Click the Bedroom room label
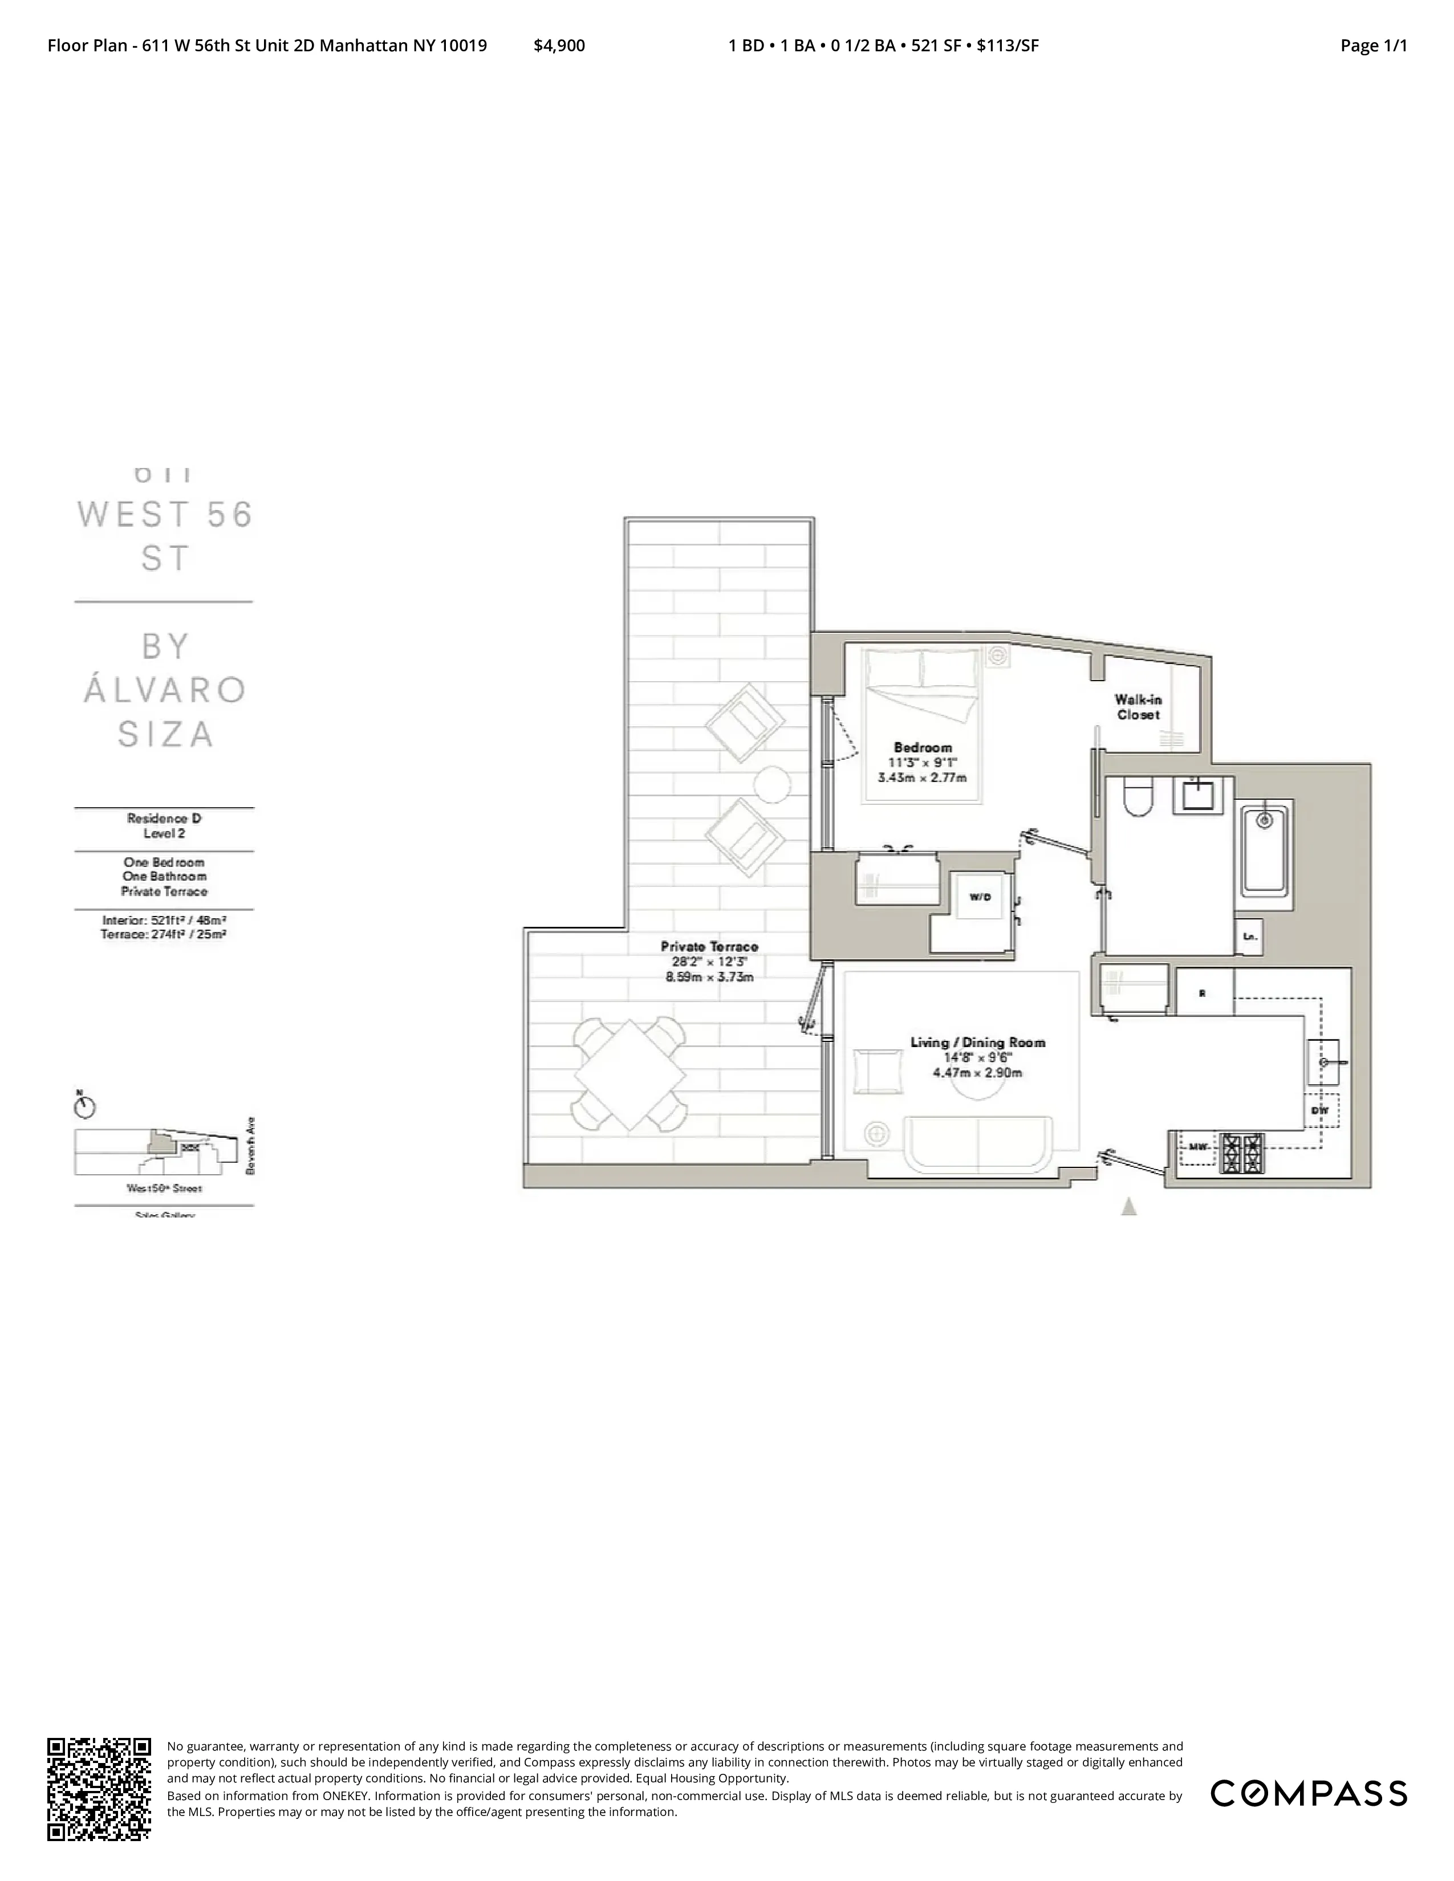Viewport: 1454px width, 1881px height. [x=923, y=748]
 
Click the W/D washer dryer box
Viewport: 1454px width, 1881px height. [x=980, y=897]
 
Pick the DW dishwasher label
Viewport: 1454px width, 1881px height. [x=1319, y=1111]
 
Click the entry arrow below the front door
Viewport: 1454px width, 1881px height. [x=1128, y=1207]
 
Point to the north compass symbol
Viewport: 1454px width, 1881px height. [x=86, y=1107]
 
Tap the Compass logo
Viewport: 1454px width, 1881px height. [x=1309, y=1793]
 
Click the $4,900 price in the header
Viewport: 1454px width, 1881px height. [x=559, y=46]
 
